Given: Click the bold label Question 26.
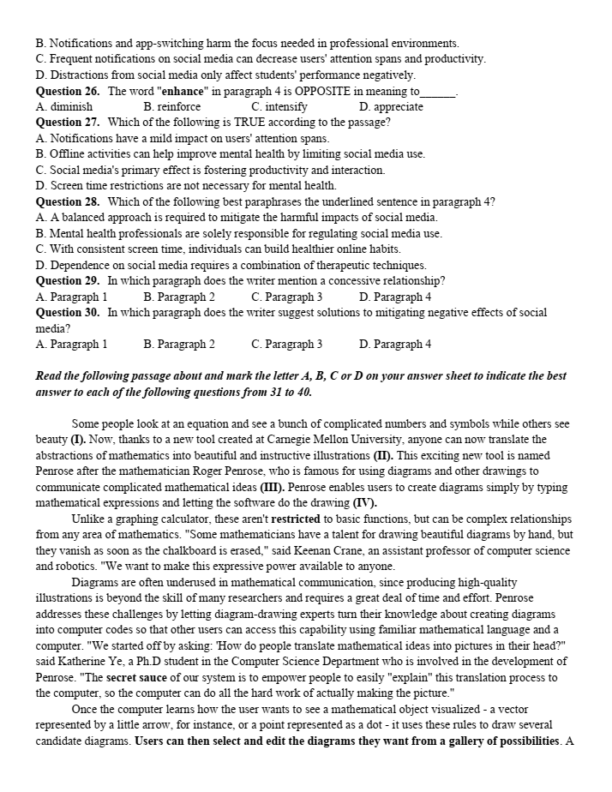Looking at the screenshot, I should (68, 91).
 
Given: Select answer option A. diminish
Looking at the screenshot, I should (64, 107).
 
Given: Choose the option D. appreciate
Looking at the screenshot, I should (391, 107).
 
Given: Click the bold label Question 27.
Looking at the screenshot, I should (68, 123).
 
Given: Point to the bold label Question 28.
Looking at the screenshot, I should (68, 202).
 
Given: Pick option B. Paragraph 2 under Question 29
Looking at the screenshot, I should (179, 297).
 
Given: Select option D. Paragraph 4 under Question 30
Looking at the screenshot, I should (395, 345).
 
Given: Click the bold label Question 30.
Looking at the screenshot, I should (68, 313).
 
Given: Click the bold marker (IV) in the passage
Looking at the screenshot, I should (363, 502).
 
